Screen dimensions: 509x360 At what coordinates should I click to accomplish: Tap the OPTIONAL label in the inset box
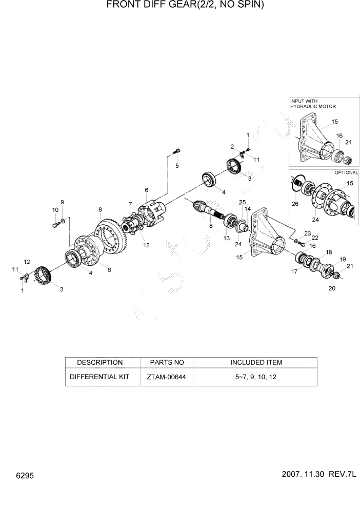346,172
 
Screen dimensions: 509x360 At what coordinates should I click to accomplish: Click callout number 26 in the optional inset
294,204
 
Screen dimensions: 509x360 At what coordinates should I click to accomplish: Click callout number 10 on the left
54,209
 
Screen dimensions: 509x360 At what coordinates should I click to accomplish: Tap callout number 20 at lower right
332,289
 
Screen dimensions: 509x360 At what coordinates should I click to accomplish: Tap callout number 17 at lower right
294,271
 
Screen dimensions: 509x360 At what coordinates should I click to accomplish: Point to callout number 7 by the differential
130,204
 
